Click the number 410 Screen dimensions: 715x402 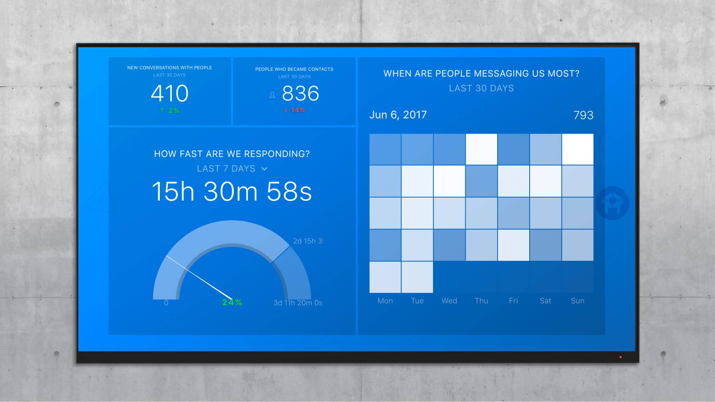[x=169, y=93]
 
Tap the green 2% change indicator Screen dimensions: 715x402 [x=169, y=111]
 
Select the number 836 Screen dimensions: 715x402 [x=301, y=93]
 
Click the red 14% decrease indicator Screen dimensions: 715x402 [x=294, y=110]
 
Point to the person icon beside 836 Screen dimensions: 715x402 [x=272, y=95]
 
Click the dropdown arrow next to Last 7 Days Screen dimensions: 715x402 [x=264, y=169]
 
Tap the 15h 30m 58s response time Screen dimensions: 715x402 [x=232, y=191]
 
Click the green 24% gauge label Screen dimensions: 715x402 [x=232, y=302]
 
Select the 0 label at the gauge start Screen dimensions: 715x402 [x=166, y=303]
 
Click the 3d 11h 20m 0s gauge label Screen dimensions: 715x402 [x=298, y=303]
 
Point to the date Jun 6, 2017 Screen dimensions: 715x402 [x=398, y=115]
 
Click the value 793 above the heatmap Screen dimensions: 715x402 [x=583, y=115]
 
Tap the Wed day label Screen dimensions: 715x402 [x=449, y=301]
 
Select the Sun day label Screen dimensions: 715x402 [x=577, y=301]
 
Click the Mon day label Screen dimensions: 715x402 [x=385, y=301]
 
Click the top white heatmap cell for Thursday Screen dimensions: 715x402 [x=482, y=149]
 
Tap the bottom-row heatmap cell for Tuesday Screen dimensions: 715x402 [x=417, y=277]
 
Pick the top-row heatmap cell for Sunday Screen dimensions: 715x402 [x=578, y=149]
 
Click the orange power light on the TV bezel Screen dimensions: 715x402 [x=620, y=357]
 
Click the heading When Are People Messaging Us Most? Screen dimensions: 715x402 [x=481, y=74]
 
